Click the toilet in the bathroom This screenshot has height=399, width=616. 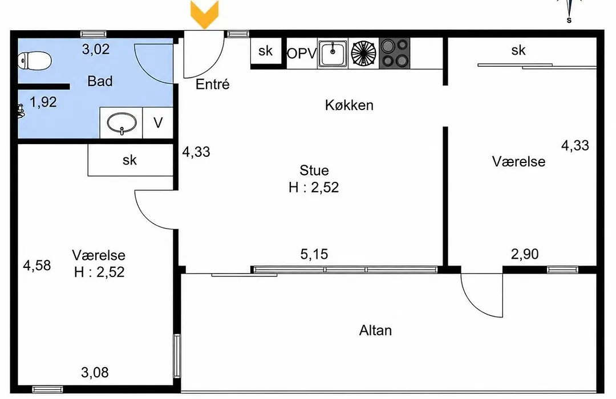point(35,61)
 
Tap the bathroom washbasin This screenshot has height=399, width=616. point(122,123)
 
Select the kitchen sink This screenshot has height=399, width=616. point(333,53)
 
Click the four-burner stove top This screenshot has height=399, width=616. point(395,52)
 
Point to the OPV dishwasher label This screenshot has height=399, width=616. point(302,54)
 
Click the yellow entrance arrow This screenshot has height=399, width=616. point(204,14)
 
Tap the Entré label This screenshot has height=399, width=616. point(213,84)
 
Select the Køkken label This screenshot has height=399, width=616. point(349,105)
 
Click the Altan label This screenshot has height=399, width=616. point(375,330)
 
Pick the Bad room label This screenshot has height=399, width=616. point(100,82)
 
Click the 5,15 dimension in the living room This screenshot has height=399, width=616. point(314,254)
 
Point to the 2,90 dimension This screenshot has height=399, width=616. point(525,254)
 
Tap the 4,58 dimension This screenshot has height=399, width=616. point(37,266)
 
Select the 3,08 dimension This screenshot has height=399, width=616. point(95,372)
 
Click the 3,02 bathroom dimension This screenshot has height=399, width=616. point(95,50)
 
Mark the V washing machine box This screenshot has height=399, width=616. point(158,123)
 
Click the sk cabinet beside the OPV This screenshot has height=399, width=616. point(266,51)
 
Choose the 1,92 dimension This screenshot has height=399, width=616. point(43,102)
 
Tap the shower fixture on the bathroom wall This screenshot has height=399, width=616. point(21,111)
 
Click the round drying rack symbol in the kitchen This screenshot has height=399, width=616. point(363,53)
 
